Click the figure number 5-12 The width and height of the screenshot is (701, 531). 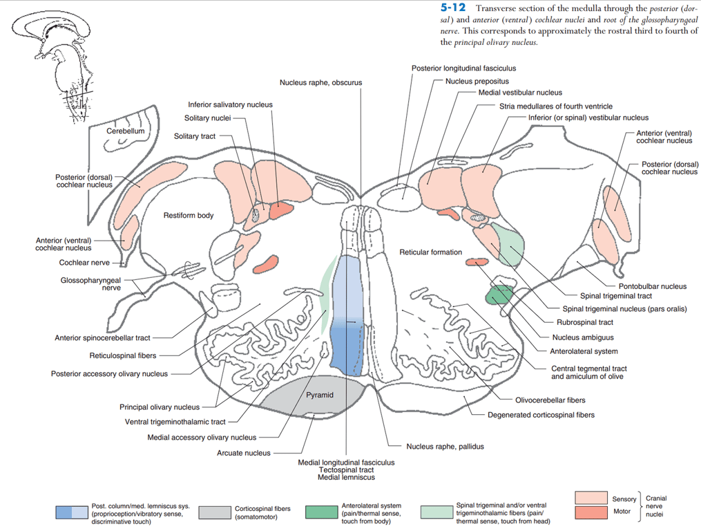coord(453,8)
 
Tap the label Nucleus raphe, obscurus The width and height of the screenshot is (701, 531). coord(320,82)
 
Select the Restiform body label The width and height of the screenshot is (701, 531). coord(189,216)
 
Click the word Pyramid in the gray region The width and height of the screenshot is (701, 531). coord(320,395)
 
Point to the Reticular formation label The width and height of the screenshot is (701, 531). coord(430,252)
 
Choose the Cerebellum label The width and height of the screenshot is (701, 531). coord(126,131)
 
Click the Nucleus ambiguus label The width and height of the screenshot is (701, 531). coord(582,338)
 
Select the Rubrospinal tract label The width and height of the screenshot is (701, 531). coord(584,322)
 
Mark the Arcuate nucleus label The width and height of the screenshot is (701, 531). coord(239,453)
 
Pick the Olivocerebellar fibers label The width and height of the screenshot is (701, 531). coord(550,400)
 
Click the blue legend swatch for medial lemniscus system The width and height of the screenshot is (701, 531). coord(72,512)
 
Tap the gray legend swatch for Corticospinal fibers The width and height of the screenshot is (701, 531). coord(214,512)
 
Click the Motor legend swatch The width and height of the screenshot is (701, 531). coord(590,512)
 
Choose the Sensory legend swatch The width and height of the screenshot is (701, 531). coord(590,498)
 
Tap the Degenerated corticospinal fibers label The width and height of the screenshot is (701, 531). coord(541,415)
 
